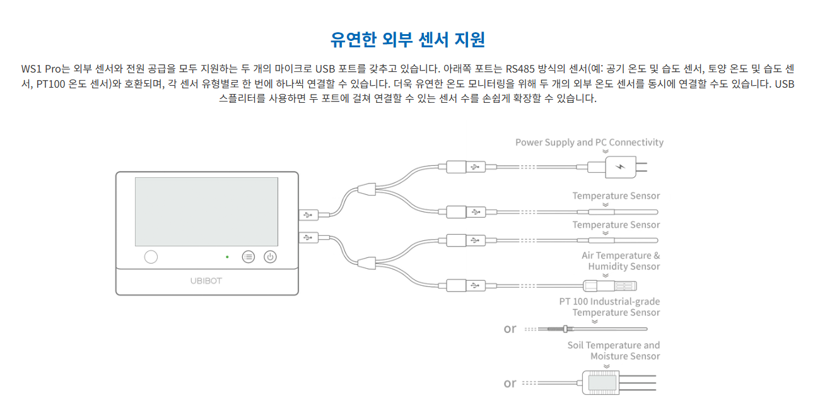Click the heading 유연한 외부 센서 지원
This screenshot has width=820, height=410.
coord(408,39)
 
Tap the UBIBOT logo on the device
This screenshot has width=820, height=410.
coord(206,281)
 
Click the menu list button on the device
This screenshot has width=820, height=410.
coord(249,257)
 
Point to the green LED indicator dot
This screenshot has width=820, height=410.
coord(227,257)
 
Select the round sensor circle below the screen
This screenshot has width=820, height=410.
coord(151,257)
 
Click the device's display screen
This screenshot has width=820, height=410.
coord(206,211)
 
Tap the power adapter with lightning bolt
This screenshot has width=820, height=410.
coord(621,168)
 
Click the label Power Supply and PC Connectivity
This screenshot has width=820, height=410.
coord(589,143)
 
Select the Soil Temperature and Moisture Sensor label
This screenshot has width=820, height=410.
coord(613,351)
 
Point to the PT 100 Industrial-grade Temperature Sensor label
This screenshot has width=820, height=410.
coord(609,307)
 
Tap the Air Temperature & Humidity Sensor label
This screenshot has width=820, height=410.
coord(621,261)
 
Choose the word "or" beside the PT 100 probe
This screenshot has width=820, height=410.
coord(510,329)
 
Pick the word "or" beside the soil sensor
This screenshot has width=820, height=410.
coord(510,383)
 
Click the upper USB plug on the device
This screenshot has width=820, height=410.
coord(308,215)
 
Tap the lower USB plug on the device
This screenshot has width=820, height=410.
coord(308,238)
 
